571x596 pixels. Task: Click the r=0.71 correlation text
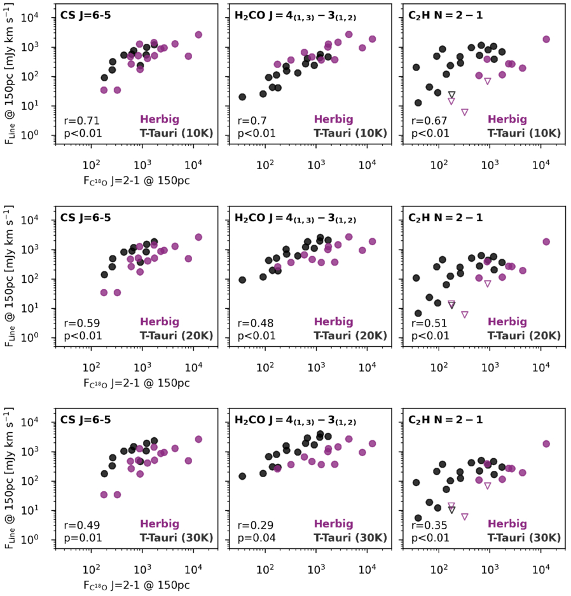pos(79,120)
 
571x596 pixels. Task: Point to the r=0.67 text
pos(428,120)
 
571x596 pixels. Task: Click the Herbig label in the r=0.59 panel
pos(160,322)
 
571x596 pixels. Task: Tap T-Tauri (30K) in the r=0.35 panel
pos(524,538)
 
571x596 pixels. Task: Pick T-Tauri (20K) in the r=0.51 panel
pos(524,335)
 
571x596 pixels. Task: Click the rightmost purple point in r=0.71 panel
pos(198,34)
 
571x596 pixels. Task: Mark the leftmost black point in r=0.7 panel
pos(242,97)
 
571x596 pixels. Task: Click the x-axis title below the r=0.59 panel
pos(137,383)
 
